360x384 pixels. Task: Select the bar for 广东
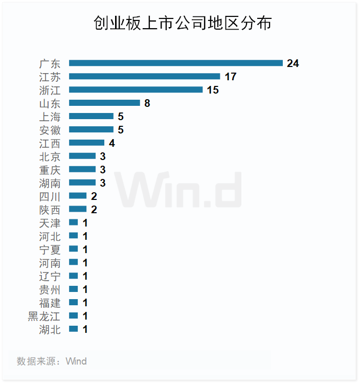tap(175, 63)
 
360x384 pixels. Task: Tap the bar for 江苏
tap(144, 77)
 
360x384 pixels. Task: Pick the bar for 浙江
tap(136, 90)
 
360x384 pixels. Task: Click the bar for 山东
tap(104, 103)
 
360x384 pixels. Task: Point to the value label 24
tap(292, 63)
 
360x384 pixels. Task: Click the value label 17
tap(230, 77)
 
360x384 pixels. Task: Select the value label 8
tap(147, 103)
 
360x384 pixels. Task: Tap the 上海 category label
tap(50, 117)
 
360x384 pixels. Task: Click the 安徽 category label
tap(50, 130)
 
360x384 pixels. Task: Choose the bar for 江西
tap(86, 143)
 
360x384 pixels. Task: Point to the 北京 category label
tap(50, 156)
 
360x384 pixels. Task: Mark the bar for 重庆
tap(82, 170)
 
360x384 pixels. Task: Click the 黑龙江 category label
tap(44, 317)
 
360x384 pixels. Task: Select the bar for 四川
tap(78, 196)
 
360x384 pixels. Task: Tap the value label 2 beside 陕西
tap(94, 210)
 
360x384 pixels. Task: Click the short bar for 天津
tap(73, 223)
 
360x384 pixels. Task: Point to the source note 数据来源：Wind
tap(52, 362)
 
